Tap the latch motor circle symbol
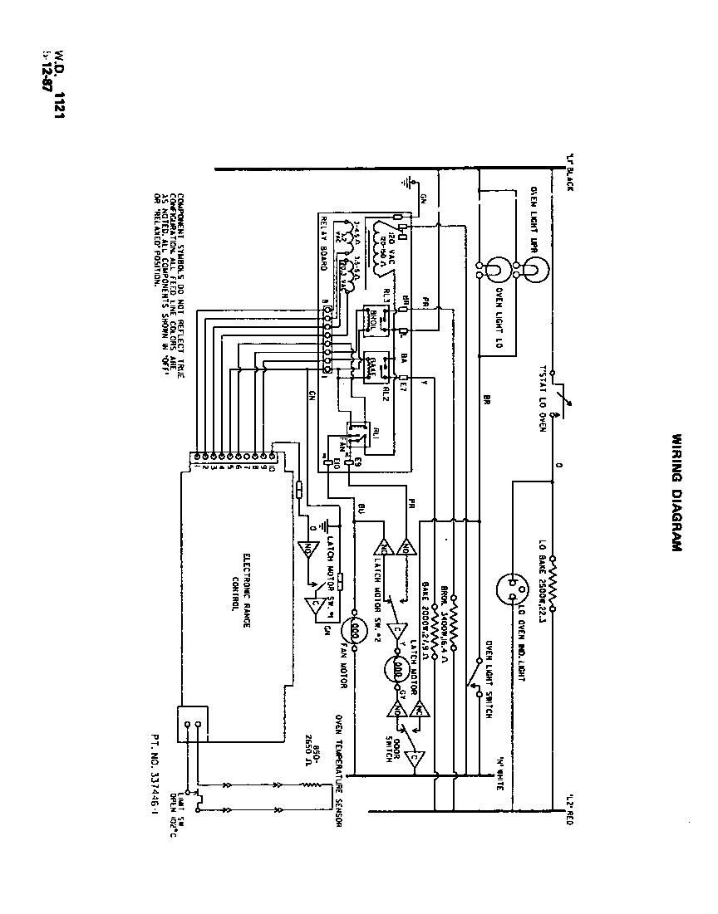coord(398,669)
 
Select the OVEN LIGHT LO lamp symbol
coord(494,270)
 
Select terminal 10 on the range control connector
coord(272,456)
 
